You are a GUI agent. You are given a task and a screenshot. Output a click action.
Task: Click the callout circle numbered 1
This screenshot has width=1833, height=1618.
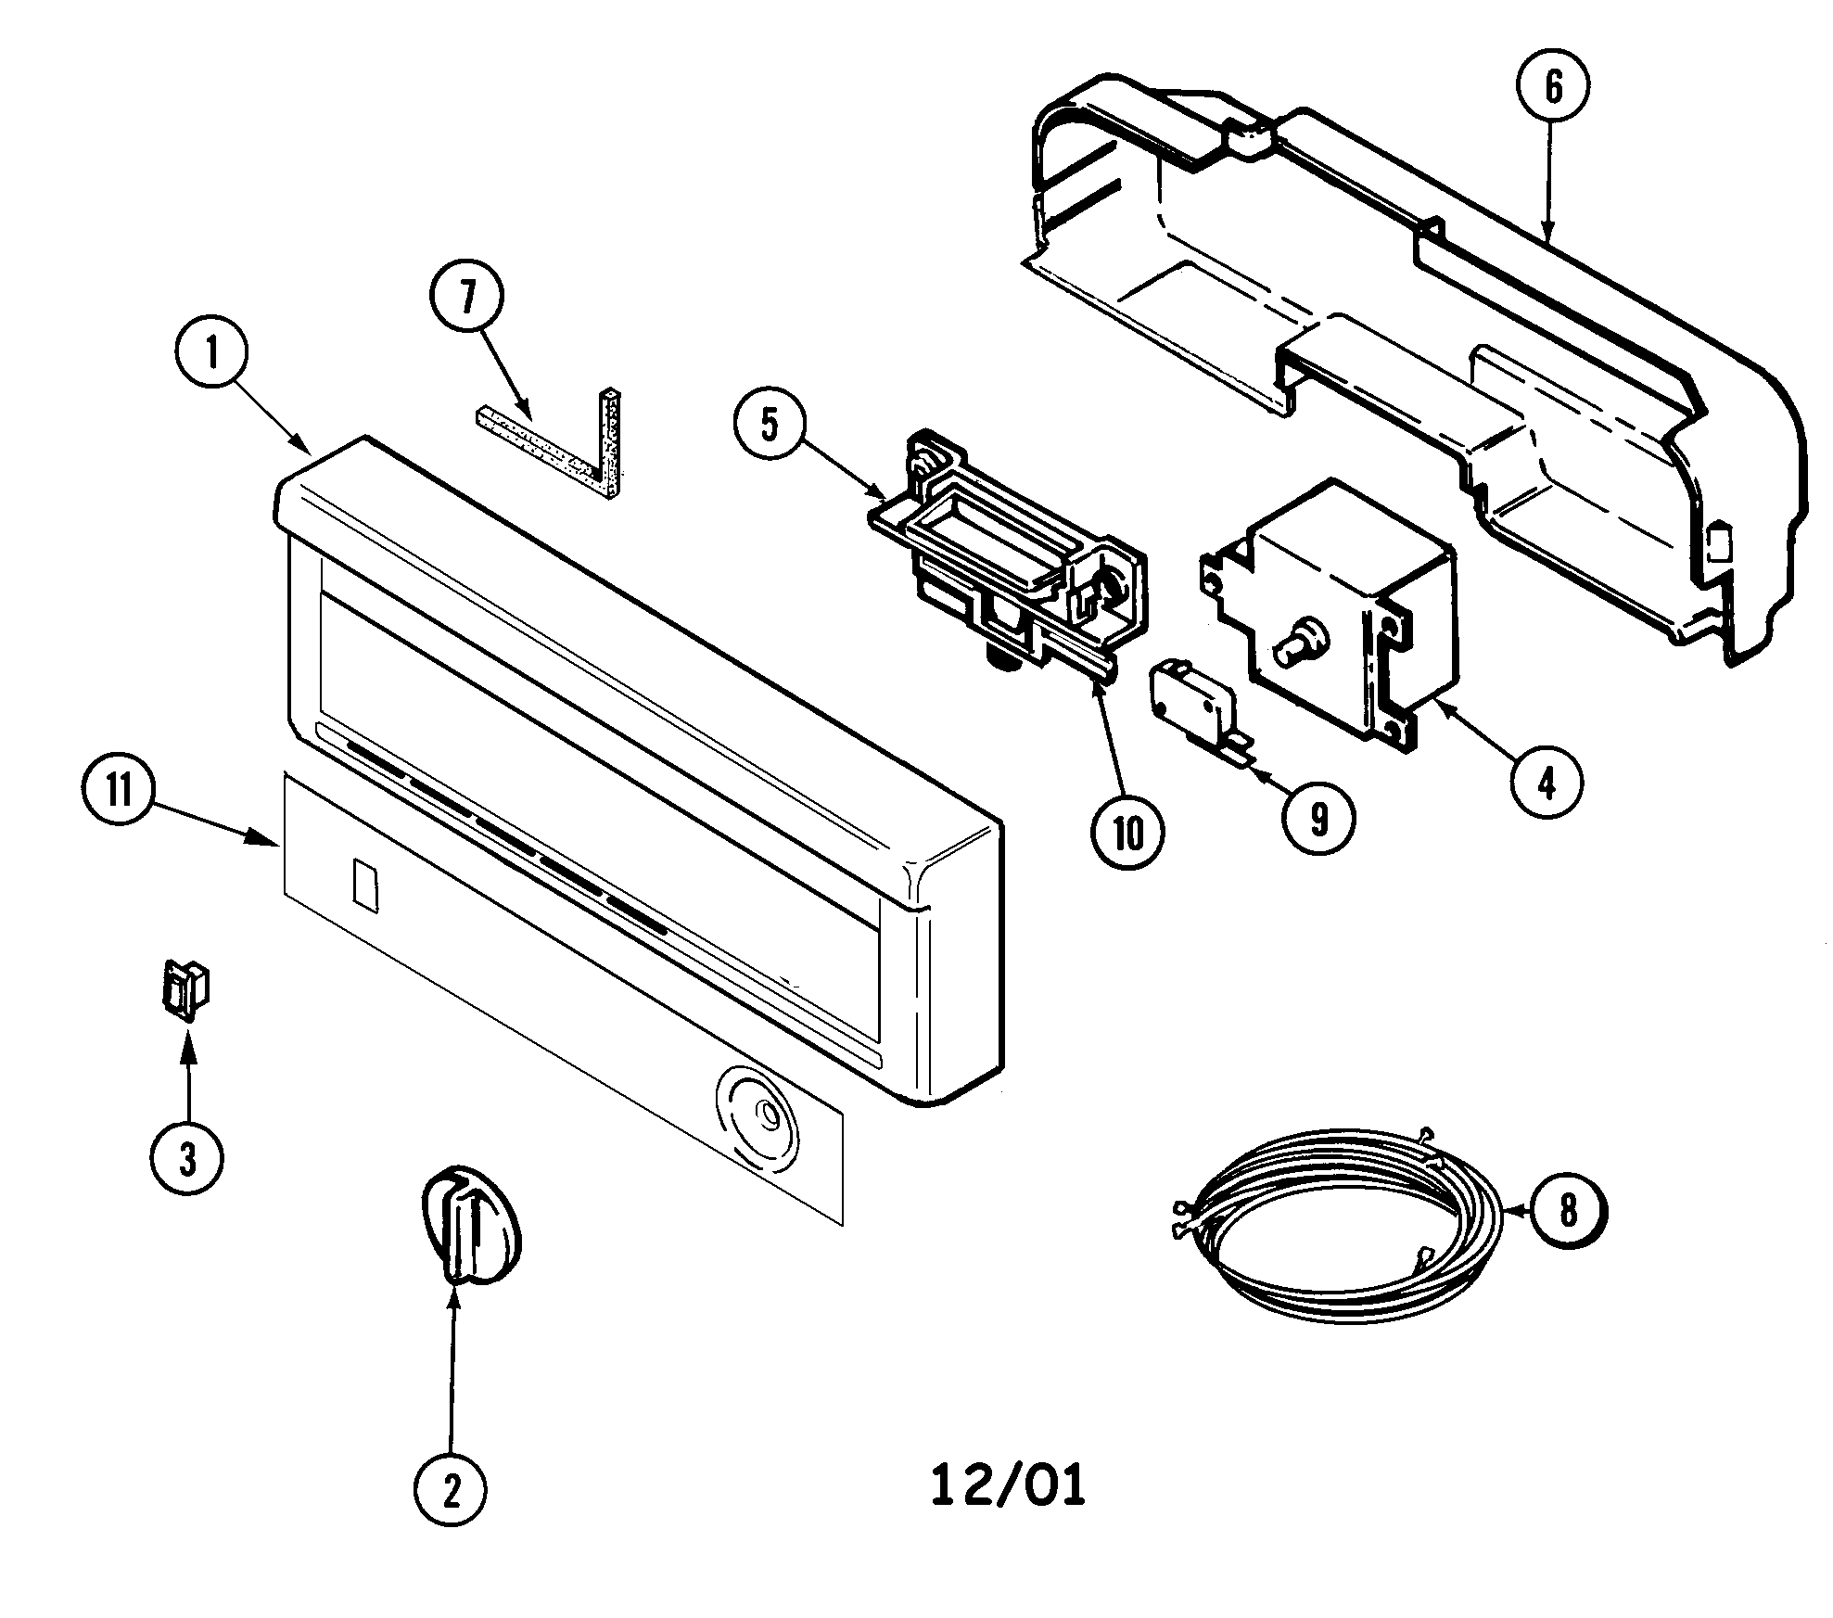210,355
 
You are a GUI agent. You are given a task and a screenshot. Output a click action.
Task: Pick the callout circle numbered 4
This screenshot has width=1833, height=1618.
1546,784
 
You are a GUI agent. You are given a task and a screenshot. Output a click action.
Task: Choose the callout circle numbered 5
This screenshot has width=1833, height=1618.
769,424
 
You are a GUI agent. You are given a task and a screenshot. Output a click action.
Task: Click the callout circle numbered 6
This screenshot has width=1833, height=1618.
1553,86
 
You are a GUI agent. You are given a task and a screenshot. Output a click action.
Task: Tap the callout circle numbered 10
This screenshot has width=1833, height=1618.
1126,834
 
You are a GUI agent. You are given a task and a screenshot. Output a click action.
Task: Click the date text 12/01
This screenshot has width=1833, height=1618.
1007,1486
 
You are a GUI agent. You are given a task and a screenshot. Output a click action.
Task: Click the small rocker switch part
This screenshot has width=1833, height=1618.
185,990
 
